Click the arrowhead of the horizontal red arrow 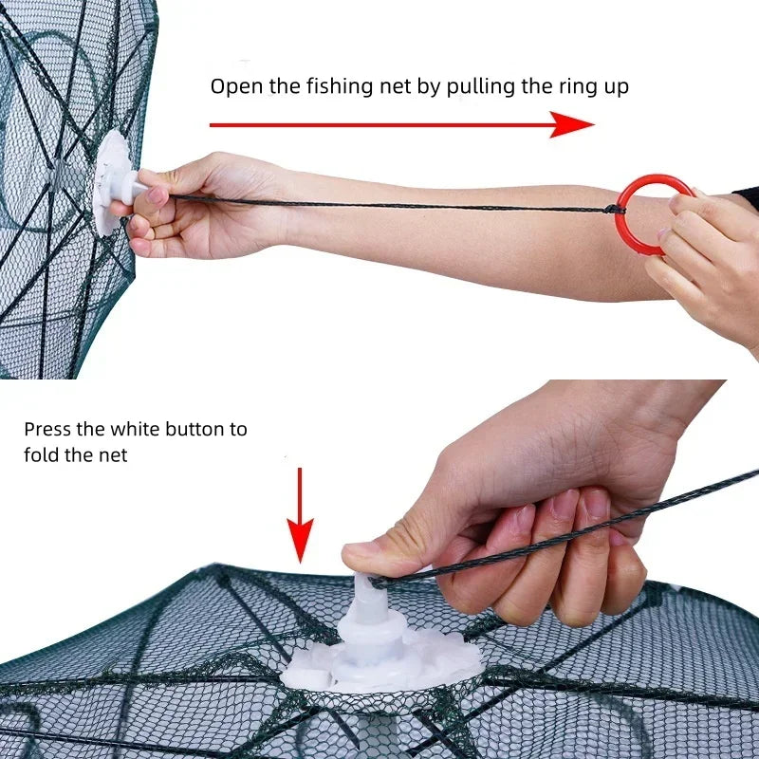click(573, 124)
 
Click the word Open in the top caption click(233, 86)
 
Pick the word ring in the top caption click(579, 86)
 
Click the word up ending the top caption click(617, 86)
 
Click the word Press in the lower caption click(48, 429)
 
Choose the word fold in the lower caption click(42, 455)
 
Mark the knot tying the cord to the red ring click(613, 209)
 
